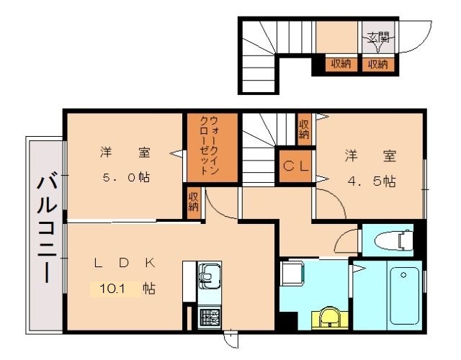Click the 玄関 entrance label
click(x=378, y=37)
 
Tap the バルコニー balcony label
click(x=46, y=230)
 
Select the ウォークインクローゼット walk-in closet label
click(x=209, y=146)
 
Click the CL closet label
click(x=296, y=166)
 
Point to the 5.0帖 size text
click(x=127, y=177)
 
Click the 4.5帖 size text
click(x=372, y=181)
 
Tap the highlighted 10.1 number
click(x=112, y=289)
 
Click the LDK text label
click(x=125, y=262)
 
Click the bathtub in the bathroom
click(x=405, y=295)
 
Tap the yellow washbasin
click(x=330, y=318)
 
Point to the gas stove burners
click(x=210, y=318)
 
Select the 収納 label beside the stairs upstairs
click(x=304, y=130)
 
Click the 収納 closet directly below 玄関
click(x=378, y=64)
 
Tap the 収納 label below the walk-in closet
click(x=194, y=202)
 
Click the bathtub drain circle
click(x=403, y=275)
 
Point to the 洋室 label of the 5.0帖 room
click(x=125, y=153)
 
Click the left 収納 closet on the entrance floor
click(x=341, y=64)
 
